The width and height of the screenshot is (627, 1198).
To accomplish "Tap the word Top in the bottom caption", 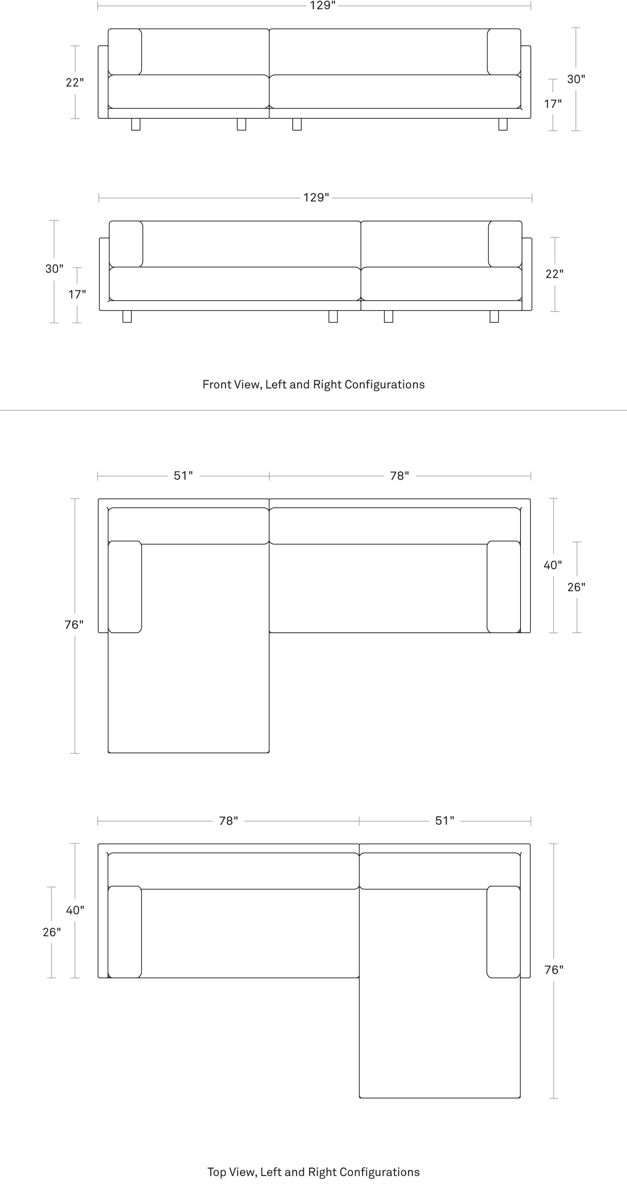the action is click(217, 1172).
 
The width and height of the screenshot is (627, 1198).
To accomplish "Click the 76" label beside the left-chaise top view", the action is click(74, 625).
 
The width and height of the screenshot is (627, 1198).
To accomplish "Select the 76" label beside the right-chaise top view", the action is click(554, 970).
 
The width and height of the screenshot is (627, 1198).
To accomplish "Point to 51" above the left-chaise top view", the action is click(183, 476).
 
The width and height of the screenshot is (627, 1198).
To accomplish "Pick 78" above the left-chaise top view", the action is click(400, 476).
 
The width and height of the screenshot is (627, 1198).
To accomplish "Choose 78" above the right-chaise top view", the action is click(229, 821).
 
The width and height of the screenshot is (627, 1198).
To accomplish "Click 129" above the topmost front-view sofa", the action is click(323, 6).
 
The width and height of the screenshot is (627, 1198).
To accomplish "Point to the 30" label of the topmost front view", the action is click(576, 79).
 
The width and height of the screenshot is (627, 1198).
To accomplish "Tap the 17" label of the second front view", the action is click(77, 294).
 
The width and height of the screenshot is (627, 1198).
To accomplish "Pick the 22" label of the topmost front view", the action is click(75, 82).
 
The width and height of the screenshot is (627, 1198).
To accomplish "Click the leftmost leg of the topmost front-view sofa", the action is click(136, 124).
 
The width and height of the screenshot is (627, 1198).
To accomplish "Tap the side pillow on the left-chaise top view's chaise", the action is click(125, 587).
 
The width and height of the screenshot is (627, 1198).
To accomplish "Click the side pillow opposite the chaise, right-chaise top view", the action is click(125, 932).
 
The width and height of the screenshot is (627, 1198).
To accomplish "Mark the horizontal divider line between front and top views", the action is click(313, 410).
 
